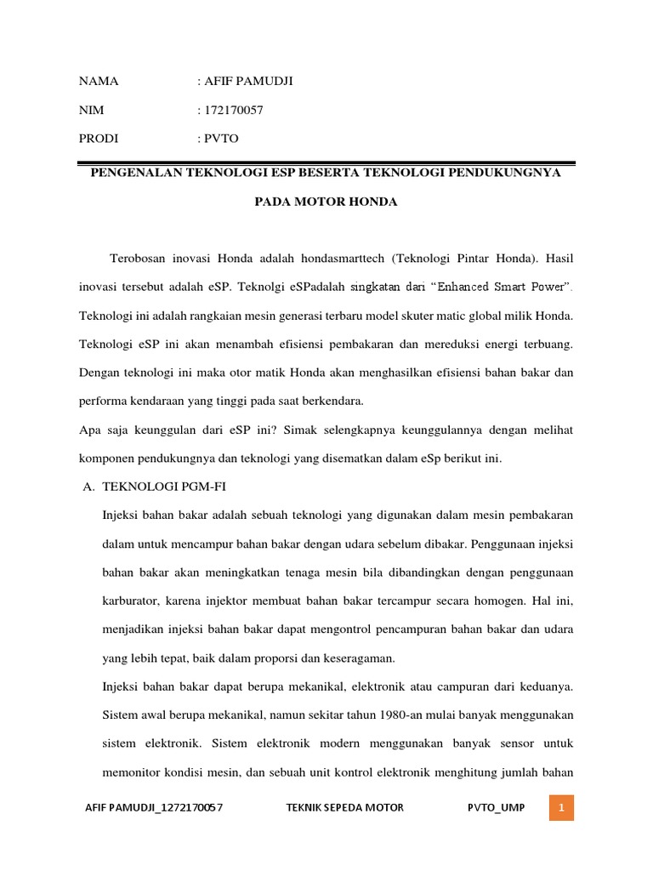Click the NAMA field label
click(99, 82)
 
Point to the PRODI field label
click(99, 138)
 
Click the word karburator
click(132, 601)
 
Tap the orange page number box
click(561, 806)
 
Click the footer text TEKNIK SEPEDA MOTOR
click(346, 807)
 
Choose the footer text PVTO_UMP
click(497, 807)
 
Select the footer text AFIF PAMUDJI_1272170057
click(155, 807)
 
